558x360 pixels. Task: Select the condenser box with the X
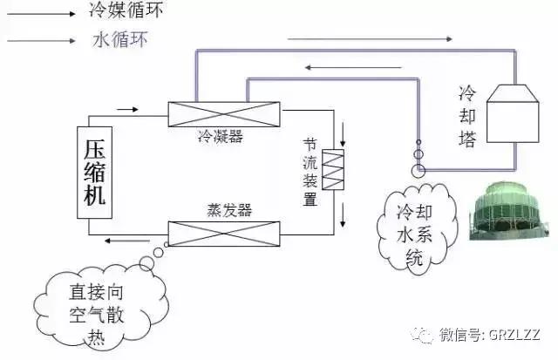224,113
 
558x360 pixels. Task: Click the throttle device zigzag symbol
335,170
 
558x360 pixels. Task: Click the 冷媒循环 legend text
126,11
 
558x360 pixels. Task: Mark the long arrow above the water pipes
371,38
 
